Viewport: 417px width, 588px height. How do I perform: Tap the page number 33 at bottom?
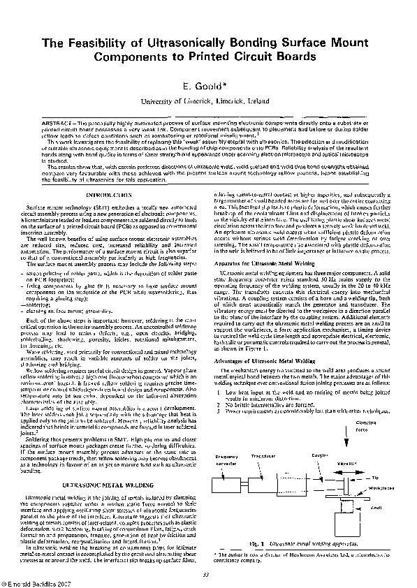207,575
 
